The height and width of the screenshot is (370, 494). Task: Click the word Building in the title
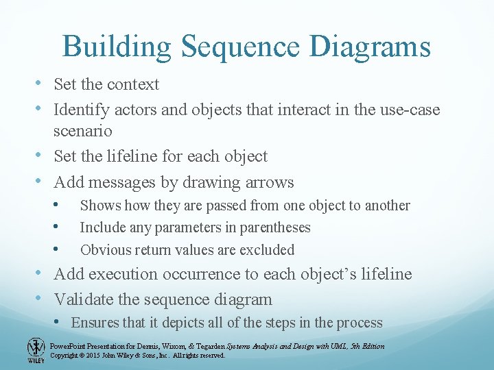click(116, 47)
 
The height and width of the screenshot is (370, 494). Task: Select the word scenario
click(83, 130)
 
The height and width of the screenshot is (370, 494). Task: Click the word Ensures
click(94, 323)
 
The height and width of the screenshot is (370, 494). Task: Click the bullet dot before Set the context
click(44, 84)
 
